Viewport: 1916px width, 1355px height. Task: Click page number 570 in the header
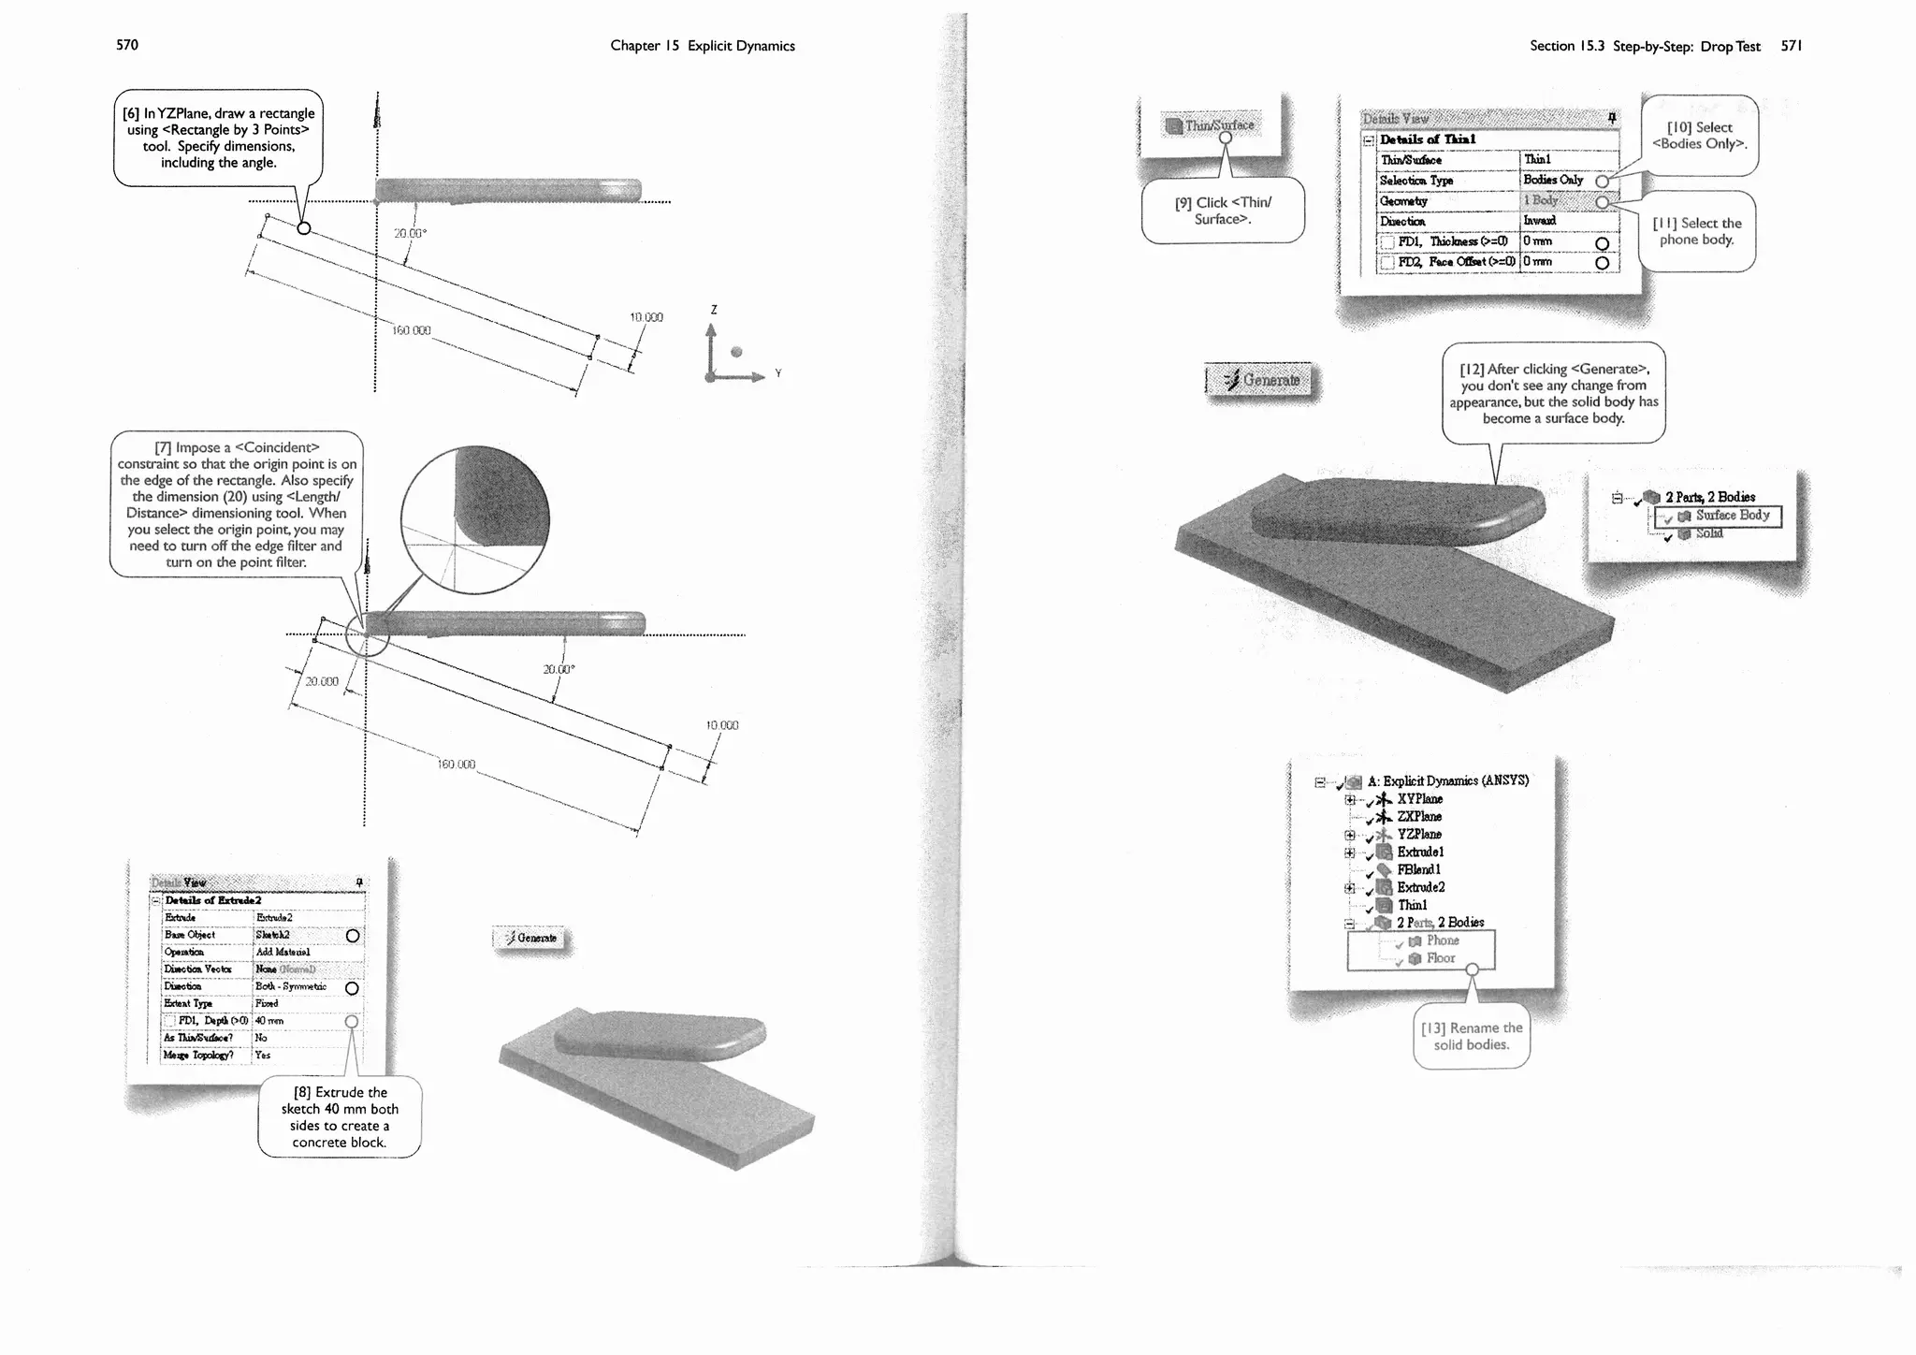pos(126,45)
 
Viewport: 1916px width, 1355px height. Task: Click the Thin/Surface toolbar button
pos(1211,124)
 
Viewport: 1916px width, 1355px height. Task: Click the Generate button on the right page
pos(1260,380)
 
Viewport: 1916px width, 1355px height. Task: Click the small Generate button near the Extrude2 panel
pos(530,938)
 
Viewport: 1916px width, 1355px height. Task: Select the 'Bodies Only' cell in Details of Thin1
pos(1553,180)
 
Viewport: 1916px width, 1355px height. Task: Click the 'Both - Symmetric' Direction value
pos(291,986)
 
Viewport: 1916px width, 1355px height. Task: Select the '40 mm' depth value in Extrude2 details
pos(269,1021)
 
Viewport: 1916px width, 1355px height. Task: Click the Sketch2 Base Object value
pos(273,935)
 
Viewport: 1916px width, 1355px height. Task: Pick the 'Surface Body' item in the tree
pos(1731,516)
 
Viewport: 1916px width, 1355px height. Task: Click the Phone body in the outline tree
pos(1442,940)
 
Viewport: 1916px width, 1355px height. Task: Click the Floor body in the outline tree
pos(1440,958)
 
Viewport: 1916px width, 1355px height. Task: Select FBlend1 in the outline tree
pos(1418,869)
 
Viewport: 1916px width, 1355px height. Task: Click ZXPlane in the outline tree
pos(1419,816)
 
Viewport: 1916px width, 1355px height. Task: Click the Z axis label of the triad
pos(714,310)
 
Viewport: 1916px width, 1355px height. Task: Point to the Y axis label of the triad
pos(777,373)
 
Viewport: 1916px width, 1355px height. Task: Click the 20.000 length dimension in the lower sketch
pos(322,681)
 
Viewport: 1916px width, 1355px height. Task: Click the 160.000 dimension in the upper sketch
pos(411,330)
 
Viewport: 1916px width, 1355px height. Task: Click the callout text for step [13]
pos(1471,1036)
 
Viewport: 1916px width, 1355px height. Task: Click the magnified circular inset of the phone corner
pos(474,520)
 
